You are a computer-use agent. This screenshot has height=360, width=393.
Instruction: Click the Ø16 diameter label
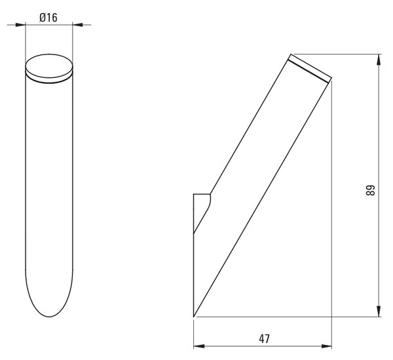(x=48, y=18)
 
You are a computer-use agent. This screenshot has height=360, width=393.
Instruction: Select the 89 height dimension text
(x=370, y=190)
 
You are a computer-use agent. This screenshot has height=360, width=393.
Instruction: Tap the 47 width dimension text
(x=264, y=339)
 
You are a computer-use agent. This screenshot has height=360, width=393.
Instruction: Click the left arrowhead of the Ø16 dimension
(x=20, y=25)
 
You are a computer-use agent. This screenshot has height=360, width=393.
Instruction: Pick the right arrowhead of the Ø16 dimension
(x=78, y=24)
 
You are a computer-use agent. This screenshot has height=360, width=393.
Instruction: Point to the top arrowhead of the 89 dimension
(x=379, y=60)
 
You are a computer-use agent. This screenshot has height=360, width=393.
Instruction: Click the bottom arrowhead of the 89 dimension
(x=379, y=311)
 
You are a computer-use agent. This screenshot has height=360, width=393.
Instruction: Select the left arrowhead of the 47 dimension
(x=199, y=346)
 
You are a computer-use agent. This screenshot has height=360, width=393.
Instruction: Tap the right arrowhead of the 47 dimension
(x=326, y=346)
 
